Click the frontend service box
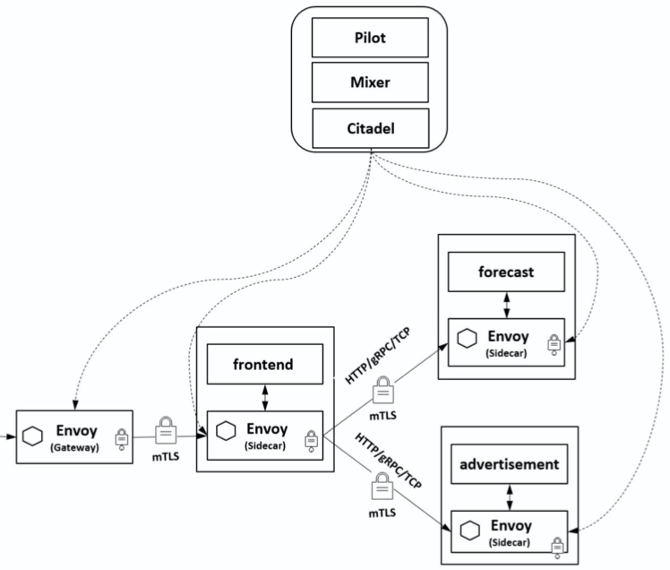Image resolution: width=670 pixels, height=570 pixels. [265, 367]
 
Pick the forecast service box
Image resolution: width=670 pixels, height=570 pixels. [507, 272]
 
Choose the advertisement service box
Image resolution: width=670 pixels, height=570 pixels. [508, 466]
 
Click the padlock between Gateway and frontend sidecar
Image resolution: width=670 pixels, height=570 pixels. [167, 429]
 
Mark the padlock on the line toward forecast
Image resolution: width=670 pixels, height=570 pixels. [382, 388]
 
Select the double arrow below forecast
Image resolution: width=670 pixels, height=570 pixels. [508, 304]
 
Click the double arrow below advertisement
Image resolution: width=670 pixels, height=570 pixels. [508, 496]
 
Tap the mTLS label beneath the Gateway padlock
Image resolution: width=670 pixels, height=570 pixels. [167, 456]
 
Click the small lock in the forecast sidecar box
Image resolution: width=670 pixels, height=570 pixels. [554, 344]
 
